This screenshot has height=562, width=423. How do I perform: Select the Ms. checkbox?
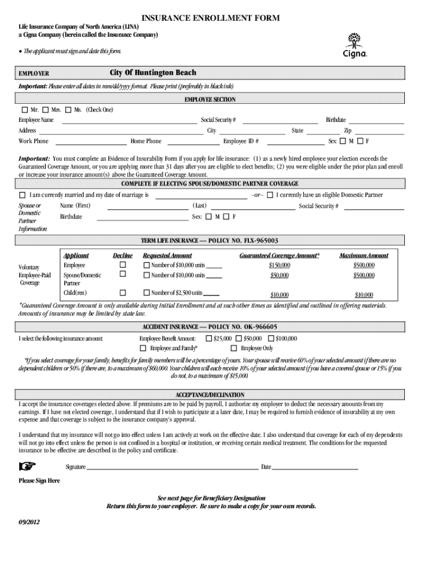[68, 110]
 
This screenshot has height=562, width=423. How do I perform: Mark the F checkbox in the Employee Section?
[360, 142]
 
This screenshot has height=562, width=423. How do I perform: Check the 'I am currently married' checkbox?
[23, 195]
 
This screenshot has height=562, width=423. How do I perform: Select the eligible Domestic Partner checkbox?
[270, 195]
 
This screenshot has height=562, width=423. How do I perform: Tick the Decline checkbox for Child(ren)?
[123, 293]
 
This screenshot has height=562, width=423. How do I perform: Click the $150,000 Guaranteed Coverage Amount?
[280, 266]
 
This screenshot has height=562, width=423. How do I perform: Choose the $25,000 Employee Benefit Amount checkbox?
[209, 339]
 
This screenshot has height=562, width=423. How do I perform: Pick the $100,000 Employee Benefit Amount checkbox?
[270, 339]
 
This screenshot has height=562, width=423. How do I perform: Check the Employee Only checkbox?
[235, 349]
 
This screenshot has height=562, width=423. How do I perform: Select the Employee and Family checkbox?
[143, 349]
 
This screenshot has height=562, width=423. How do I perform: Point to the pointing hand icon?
[27, 467]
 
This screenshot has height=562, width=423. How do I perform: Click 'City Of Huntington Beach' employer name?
[153, 73]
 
